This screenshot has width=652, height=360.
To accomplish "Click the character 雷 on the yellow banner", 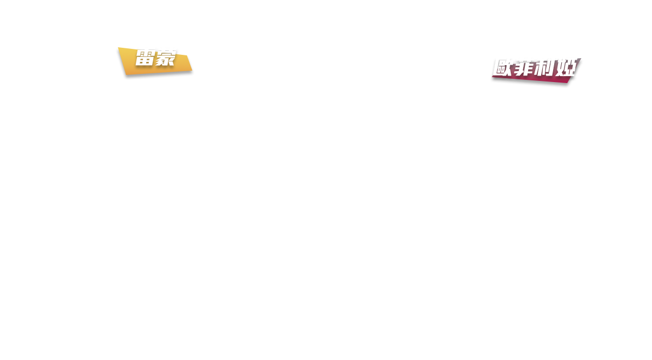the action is pyautogui.click(x=145, y=58).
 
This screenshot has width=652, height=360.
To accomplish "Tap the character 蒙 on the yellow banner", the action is pyautogui.click(x=166, y=58).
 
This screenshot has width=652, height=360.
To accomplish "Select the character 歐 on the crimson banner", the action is pyautogui.click(x=503, y=67).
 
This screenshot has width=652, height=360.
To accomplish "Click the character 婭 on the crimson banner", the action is pyautogui.click(x=566, y=68).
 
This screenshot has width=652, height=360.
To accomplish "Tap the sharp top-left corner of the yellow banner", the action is pyautogui.click(x=118, y=47).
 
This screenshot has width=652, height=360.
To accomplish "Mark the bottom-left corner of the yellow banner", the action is pyautogui.click(x=126, y=75).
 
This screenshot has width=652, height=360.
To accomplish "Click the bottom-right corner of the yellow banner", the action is pyautogui.click(x=192, y=71).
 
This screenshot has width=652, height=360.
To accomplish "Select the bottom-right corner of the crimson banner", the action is pyautogui.click(x=567, y=83).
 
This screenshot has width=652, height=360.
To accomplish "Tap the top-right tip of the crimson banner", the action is pyautogui.click(x=581, y=58).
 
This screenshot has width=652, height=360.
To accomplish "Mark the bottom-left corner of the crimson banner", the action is pyautogui.click(x=492, y=77).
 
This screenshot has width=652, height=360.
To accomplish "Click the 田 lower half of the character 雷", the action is pyautogui.click(x=144, y=61).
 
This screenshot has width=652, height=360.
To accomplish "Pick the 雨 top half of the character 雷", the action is pyautogui.click(x=145, y=54).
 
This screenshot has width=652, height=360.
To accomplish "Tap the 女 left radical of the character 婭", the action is pyautogui.click(x=560, y=68).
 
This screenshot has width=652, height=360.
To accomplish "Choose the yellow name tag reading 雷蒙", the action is pyautogui.click(x=155, y=61).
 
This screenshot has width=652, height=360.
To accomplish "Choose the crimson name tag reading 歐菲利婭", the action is pyautogui.click(x=536, y=71).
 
